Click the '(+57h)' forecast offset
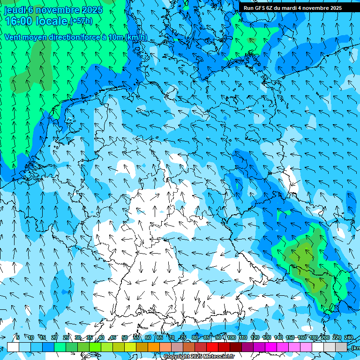tap(81, 21)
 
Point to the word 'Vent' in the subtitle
tap(13, 37)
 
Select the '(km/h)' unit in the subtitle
tap(136, 37)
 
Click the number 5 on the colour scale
tap(17, 337)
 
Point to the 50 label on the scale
tap(124, 337)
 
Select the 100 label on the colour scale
tap(231, 337)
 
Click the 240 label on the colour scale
tap(348, 337)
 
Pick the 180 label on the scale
tap(313, 337)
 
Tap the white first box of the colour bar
tap(13, 347)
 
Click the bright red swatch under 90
tap(213, 347)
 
